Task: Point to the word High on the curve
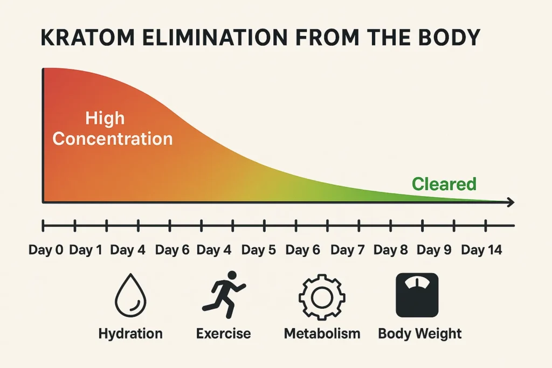click(105, 118)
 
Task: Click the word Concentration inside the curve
click(113, 138)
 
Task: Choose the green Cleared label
click(444, 184)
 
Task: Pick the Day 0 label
click(46, 250)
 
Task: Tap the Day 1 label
click(86, 250)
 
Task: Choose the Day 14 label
click(481, 250)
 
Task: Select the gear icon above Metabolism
click(321, 296)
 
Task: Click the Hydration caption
click(130, 334)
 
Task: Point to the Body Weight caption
click(420, 334)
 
